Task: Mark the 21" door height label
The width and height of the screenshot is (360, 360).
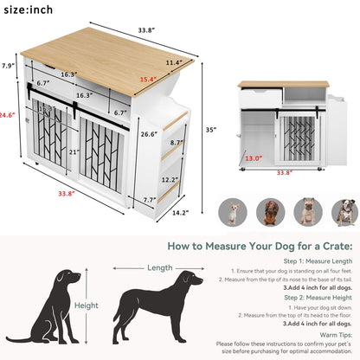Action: click(74, 153)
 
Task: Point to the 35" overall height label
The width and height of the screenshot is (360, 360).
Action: click(210, 131)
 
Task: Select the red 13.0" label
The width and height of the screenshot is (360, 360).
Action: click(253, 158)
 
